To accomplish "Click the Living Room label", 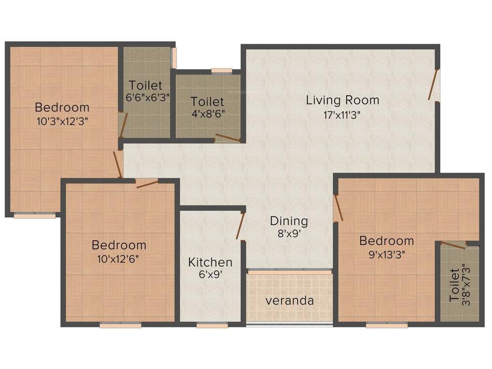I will pos(343,100).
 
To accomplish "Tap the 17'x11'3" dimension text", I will pos(343,115).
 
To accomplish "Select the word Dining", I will pos(289,221).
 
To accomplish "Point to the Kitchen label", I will pos(210,262).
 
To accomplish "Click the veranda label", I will pos(289,301).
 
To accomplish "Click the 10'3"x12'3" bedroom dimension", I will pos(62,121).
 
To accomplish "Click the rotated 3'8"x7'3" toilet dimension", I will pos(463,284).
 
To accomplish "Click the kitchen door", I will pos(241,225).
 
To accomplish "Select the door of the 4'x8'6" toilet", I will pos(228,139).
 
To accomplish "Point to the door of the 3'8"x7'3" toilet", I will pos(453,246).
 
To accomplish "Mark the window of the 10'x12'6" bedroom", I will pos(120,325).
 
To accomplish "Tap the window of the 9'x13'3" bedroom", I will pos(386,325).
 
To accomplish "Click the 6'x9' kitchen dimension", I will pos(210,276).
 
